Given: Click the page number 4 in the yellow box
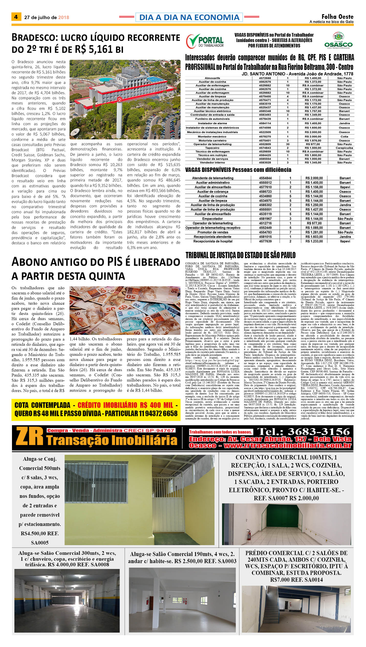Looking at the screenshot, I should (x=16, y=17).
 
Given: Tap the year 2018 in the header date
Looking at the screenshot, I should (x=64, y=18).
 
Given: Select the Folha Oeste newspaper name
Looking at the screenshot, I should (x=337, y=17).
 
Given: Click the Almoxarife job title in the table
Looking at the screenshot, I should (x=212, y=78).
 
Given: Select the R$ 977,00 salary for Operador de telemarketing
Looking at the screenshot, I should (x=313, y=144).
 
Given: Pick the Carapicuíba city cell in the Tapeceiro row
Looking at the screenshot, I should (x=344, y=148).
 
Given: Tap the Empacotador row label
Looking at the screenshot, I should (x=213, y=219).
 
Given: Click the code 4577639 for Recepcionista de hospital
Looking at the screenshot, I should (x=265, y=241).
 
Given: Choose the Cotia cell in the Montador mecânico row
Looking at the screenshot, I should (x=344, y=137).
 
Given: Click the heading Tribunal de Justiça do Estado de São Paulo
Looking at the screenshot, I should (x=240, y=255).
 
